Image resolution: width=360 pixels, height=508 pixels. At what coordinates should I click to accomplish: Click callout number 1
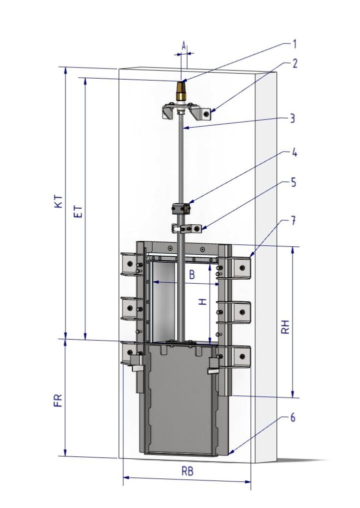[x=294, y=44]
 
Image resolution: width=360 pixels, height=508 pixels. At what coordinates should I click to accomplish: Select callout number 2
[x=294, y=64]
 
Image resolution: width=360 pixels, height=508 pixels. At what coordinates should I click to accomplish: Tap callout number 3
[x=292, y=118]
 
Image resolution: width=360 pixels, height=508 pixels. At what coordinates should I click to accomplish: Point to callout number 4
[x=294, y=152]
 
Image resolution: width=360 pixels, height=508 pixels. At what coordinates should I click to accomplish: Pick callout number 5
[x=293, y=182]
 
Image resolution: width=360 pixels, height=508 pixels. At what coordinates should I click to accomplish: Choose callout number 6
[x=292, y=417]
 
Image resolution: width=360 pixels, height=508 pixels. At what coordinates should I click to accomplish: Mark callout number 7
[x=292, y=221]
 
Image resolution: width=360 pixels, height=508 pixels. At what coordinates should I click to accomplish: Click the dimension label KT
[x=58, y=201]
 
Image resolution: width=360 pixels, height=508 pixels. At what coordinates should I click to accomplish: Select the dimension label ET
[x=78, y=211]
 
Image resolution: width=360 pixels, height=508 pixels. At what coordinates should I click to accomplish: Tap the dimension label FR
[x=57, y=401]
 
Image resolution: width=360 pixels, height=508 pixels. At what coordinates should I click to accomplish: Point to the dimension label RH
[x=285, y=327]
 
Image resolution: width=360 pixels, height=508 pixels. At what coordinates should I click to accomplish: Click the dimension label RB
[x=187, y=471]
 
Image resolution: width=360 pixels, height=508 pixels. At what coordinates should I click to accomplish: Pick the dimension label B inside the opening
[x=192, y=275]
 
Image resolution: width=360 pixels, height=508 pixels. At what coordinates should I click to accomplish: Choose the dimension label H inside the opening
[x=202, y=302]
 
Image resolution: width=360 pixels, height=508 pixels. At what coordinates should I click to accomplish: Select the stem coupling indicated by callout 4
[x=180, y=209]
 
